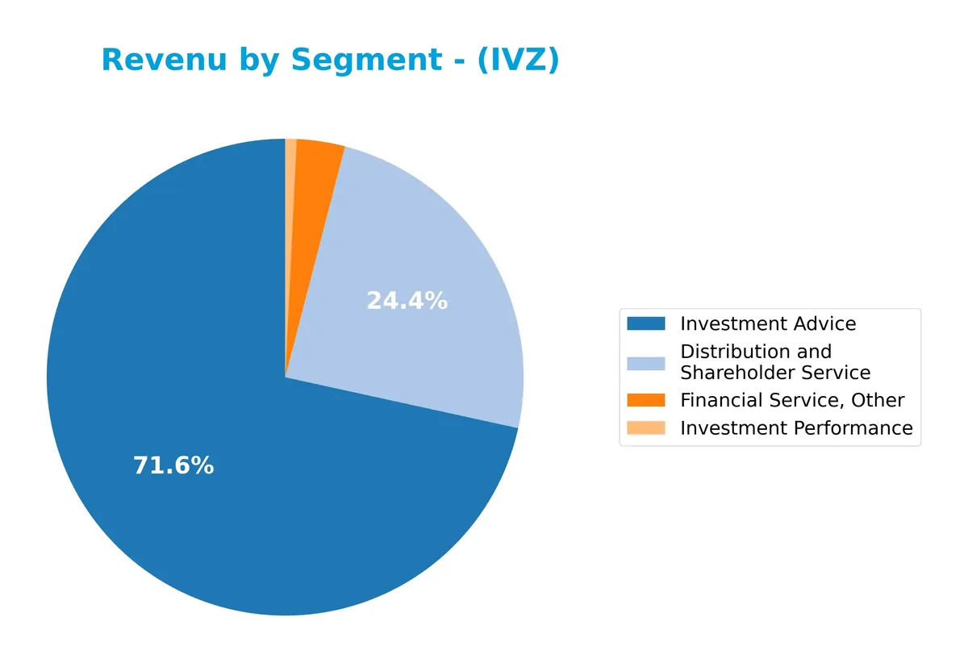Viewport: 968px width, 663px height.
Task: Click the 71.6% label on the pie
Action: [x=173, y=465]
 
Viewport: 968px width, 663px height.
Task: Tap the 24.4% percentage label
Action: [x=407, y=301]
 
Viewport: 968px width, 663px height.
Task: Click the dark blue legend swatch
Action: [x=646, y=323]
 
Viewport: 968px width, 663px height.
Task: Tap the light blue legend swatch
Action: [x=646, y=362]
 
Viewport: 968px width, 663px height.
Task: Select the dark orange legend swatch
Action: [x=646, y=400]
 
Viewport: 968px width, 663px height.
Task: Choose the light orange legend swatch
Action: [x=646, y=427]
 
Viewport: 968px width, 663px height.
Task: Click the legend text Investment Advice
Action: [x=768, y=323]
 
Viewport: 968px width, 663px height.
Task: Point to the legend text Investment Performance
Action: [x=796, y=427]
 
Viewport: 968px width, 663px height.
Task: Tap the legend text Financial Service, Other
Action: [x=792, y=400]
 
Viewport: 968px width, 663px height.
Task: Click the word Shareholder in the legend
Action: [x=741, y=373]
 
